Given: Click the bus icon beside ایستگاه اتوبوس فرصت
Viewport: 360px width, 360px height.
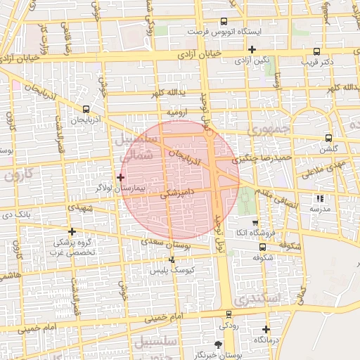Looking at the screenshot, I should [224, 21].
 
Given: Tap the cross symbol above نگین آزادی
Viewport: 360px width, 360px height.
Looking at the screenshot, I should [252, 49].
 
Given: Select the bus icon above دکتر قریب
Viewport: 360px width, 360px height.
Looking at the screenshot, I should [316, 51].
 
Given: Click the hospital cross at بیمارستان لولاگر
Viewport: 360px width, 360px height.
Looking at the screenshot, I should [121, 177].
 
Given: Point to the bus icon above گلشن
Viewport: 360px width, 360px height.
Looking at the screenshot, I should [328, 139].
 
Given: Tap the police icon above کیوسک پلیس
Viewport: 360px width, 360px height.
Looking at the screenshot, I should [172, 259].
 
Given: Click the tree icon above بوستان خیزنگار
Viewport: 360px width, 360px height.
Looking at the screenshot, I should [218, 345].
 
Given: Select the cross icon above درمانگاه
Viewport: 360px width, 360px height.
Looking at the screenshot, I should [266, 329].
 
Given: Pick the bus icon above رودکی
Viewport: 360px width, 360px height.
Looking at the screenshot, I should [229, 314].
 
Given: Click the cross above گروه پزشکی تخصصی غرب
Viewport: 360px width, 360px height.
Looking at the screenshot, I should [72, 231].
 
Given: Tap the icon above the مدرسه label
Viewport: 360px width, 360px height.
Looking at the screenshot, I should [321, 198].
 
